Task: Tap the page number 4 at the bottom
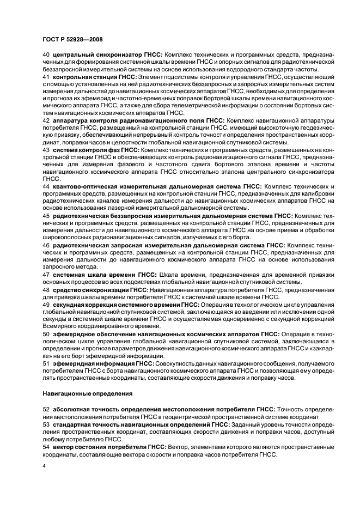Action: (x=44, y=466)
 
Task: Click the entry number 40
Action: (x=46, y=56)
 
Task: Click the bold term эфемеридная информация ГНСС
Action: (x=103, y=363)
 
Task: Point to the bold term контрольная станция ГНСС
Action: (x=94, y=78)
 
